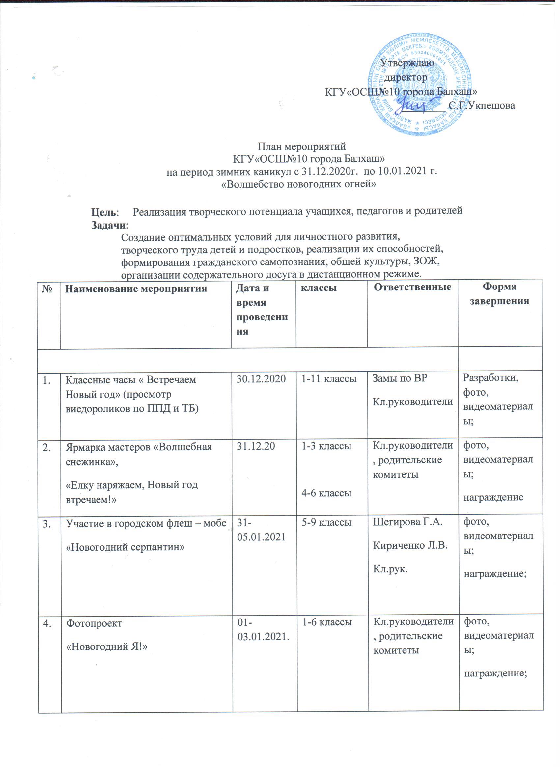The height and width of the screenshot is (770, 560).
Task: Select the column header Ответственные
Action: [412, 287]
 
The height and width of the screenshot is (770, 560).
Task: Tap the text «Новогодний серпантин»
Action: [125, 547]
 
